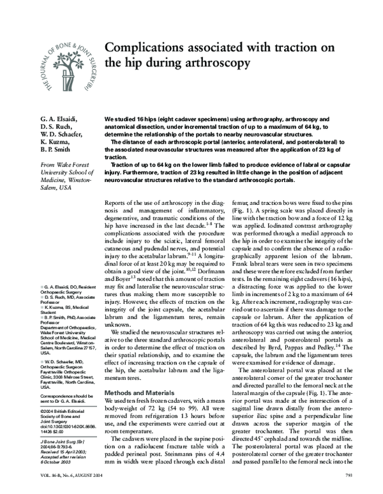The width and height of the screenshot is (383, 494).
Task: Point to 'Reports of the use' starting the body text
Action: tap(133, 202)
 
